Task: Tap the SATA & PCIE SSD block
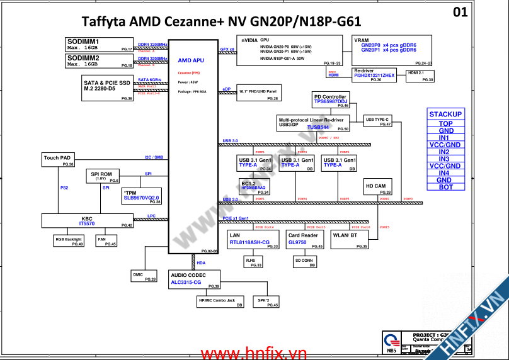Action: pos(107,89)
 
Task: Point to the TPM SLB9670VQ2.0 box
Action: pos(142,196)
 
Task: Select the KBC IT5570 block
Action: pos(88,221)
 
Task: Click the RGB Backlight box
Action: pos(69,241)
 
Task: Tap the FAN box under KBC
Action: pos(106,241)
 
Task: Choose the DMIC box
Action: pos(144,276)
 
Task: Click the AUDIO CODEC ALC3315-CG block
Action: pos(195,280)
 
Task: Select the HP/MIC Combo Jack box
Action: pos(220,302)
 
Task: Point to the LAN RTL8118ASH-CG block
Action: pos(253,240)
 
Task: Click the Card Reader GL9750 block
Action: pos(305,240)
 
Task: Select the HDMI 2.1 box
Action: pos(419,76)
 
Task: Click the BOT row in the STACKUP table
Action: pos(445,187)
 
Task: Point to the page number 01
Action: pos(460,12)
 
